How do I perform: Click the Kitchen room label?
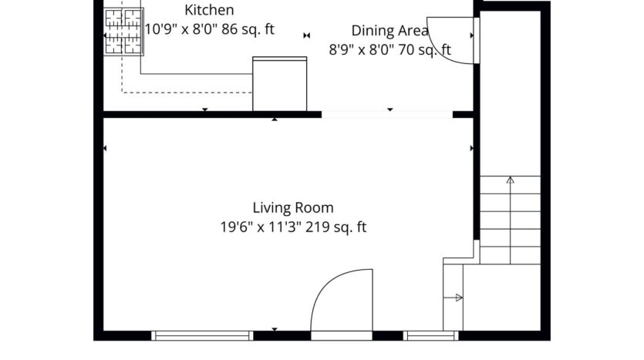pos(209,11)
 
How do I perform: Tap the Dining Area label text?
pos(390,31)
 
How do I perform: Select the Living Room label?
pos(293,207)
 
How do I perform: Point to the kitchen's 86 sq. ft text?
pos(247,30)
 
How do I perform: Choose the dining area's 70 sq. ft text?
pos(423,50)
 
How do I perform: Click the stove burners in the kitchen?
pos(124,32)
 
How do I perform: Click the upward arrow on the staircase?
pos(509,181)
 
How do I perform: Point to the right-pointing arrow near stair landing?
pos(458,298)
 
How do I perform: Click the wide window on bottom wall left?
pos(203,335)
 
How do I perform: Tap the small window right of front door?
pos(431,335)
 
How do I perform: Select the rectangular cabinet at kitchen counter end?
pos(279,83)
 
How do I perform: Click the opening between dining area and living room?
pos(386,114)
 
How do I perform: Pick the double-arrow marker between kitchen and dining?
pos(307,35)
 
